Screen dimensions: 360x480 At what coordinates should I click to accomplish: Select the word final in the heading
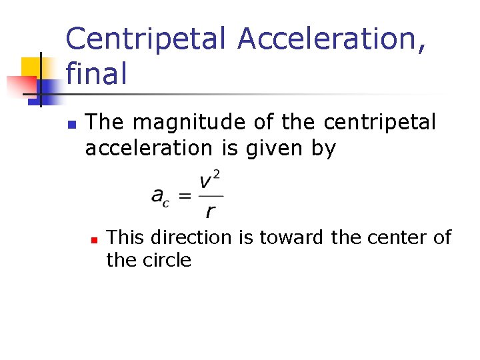(x=96, y=73)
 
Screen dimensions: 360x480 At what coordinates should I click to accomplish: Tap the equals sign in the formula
(x=186, y=196)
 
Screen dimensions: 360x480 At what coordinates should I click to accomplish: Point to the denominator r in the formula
(x=211, y=212)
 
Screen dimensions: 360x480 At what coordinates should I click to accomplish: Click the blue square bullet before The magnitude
(x=71, y=125)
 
